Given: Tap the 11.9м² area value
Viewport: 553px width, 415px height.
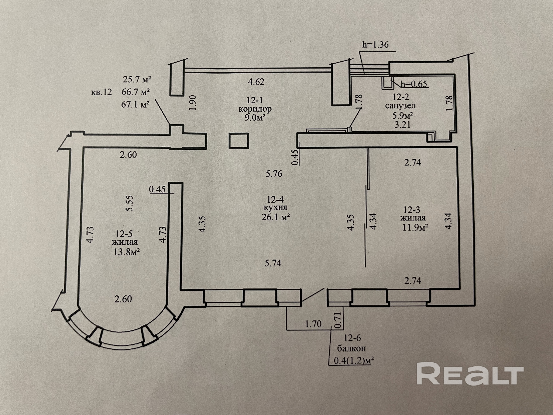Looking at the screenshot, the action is [415, 227].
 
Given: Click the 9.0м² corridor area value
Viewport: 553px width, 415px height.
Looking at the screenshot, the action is [255, 117].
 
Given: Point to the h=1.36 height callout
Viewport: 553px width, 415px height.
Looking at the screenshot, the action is [376, 45].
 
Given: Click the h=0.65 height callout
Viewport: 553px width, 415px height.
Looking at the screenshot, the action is [414, 84].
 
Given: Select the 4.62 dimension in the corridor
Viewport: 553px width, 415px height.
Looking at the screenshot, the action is [256, 82].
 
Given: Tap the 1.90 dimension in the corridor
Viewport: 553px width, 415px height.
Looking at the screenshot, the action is [193, 103].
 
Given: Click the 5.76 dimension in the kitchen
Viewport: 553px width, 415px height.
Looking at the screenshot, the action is [274, 174].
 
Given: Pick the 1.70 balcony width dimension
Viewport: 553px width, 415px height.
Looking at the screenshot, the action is [313, 324].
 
